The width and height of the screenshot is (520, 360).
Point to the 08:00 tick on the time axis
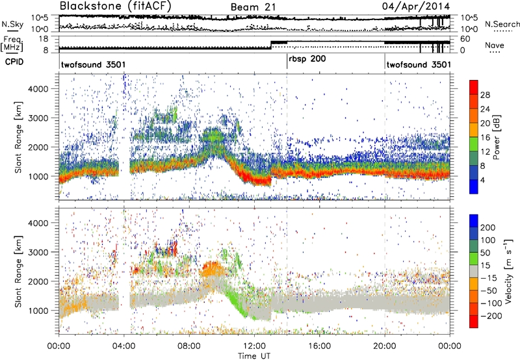[x=189, y=345]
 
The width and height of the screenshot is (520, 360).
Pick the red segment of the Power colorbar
[x=474, y=94]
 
